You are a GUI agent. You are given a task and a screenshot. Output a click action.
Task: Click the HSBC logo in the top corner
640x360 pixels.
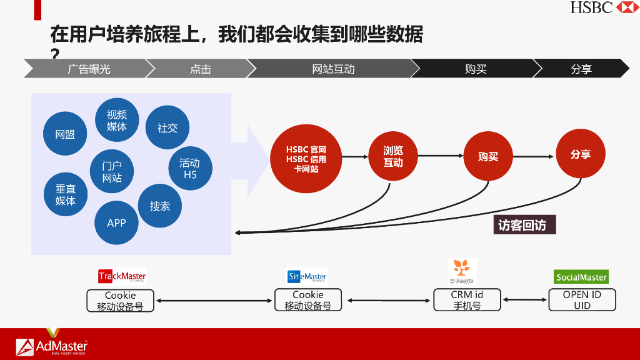[604, 7]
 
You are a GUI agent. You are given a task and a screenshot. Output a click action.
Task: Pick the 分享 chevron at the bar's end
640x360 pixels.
[581, 69]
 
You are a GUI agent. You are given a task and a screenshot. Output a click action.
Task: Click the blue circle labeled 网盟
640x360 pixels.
[65, 134]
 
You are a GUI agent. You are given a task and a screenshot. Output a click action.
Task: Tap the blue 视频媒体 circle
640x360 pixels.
[117, 121]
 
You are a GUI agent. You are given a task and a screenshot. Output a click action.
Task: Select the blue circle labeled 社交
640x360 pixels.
[167, 127]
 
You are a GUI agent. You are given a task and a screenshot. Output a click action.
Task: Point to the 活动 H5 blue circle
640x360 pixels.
[190, 169]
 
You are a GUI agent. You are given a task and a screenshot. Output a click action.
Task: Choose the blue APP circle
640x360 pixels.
[116, 223]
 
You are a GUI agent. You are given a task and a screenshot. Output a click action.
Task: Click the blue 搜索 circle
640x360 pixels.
[160, 206]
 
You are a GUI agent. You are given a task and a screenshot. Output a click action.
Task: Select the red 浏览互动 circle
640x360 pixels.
[393, 156]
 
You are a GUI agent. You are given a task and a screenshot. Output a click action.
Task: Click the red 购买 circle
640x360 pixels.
[488, 156]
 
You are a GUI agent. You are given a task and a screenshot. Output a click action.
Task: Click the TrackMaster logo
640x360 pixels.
[122, 276]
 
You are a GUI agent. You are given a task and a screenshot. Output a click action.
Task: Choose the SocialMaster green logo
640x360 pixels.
[581, 277]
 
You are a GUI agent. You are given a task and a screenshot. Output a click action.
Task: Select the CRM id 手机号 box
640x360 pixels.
[467, 300]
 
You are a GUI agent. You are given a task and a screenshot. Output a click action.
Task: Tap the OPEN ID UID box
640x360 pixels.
[582, 300]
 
